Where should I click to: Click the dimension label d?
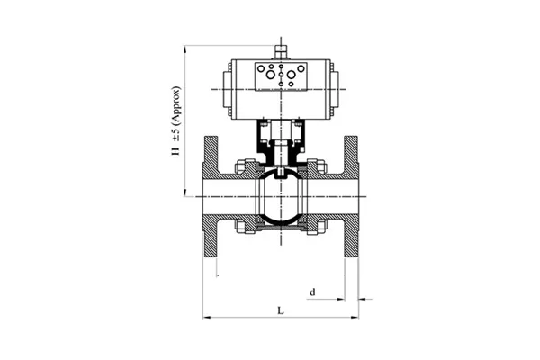point(311,291)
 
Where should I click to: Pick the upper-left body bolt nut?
point(241,166)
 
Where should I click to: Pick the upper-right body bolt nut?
point(319,166)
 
